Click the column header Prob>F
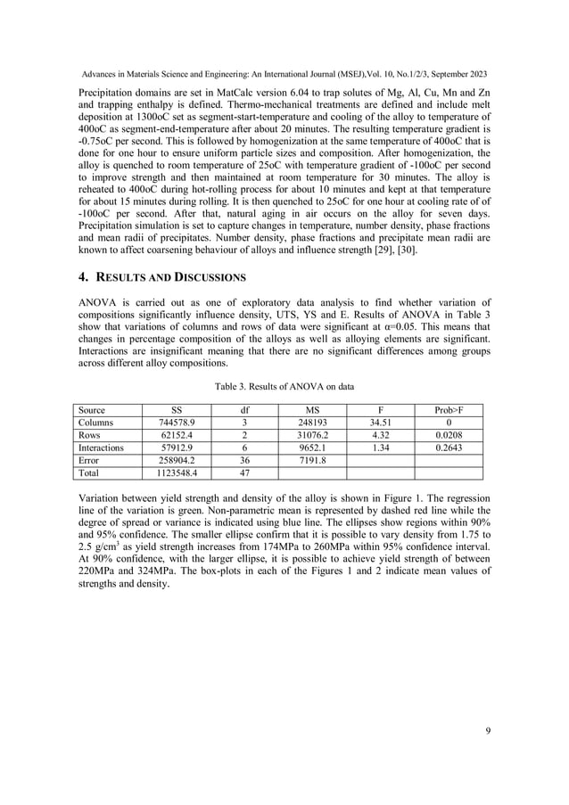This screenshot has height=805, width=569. click(x=450, y=409)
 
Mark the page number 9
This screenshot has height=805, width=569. click(x=488, y=732)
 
